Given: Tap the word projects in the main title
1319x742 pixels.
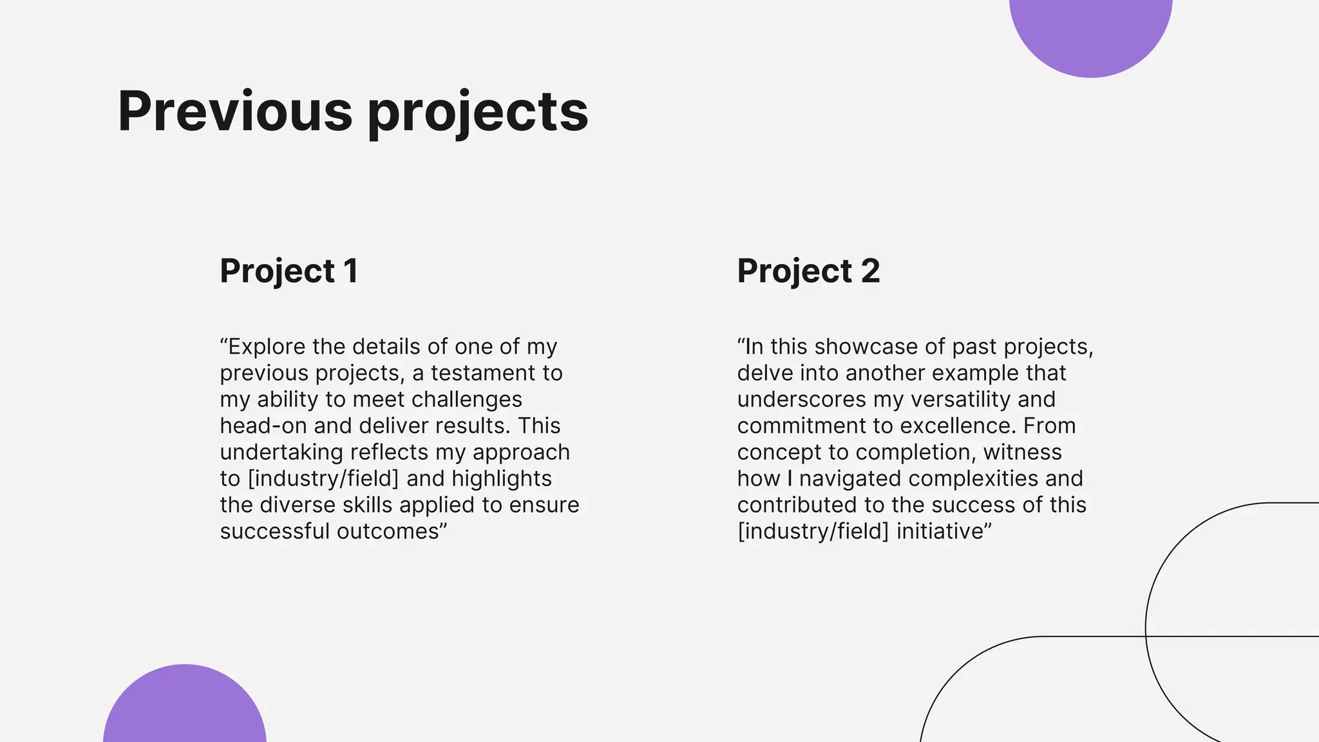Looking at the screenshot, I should click(478, 113).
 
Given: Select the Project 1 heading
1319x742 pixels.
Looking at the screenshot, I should click(289, 271).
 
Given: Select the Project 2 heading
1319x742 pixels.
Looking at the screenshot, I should click(808, 271).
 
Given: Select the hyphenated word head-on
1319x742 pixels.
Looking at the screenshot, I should click(263, 426).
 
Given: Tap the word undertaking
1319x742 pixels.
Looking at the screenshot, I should click(281, 452).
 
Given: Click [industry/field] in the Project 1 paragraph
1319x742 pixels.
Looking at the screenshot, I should click(323, 479).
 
